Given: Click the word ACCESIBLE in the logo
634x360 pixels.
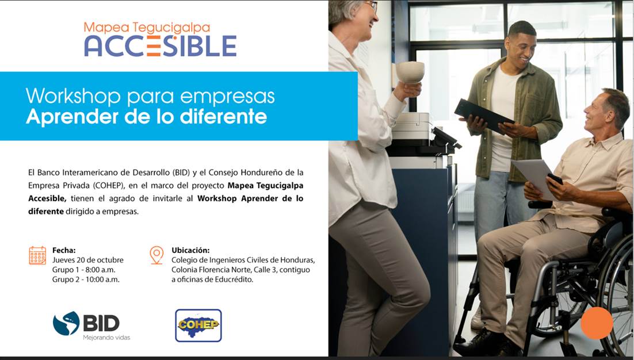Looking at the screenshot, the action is [x=160, y=45].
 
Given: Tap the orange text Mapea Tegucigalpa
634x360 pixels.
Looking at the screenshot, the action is [x=147, y=28].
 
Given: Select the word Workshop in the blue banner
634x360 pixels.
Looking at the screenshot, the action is [x=73, y=96].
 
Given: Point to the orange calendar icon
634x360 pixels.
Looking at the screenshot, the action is [x=37, y=255].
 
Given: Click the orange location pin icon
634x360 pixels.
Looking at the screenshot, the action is [x=156, y=255].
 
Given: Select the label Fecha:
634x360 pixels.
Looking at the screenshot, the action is [x=64, y=250].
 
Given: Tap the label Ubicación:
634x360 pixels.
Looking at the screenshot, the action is [x=190, y=250].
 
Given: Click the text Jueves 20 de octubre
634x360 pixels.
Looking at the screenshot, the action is [x=88, y=260].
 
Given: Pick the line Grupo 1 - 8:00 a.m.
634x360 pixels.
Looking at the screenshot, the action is [x=83, y=270].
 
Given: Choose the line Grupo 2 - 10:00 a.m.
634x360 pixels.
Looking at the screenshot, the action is [x=86, y=279].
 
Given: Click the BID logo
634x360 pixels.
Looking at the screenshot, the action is [x=86, y=323].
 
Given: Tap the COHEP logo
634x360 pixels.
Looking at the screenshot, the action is [x=198, y=325].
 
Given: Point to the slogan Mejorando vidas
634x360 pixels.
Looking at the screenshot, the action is [x=107, y=338].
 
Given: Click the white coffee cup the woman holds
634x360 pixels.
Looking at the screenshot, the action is [x=410, y=72].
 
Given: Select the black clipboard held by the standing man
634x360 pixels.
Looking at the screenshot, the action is [x=484, y=116].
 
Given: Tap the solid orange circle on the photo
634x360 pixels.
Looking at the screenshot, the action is [x=597, y=323].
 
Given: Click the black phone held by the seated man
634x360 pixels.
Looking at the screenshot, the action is [x=555, y=179].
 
